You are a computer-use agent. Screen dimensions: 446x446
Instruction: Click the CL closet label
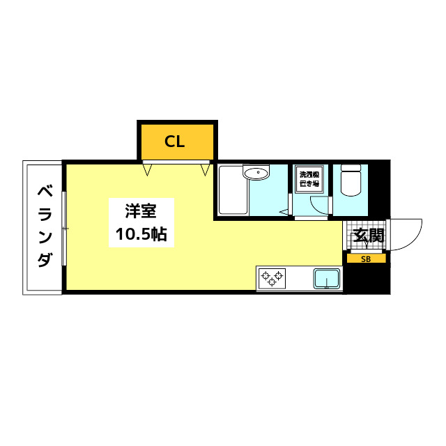tap(175, 142)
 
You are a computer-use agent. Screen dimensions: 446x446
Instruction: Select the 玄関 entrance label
tap(368, 236)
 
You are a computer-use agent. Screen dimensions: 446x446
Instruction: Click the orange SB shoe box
tap(366, 259)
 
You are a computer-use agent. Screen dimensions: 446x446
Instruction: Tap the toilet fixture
tap(350, 182)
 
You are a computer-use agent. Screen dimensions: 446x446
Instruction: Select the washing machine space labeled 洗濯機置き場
tap(308, 179)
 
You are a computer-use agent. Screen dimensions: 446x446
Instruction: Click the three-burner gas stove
tap(272, 279)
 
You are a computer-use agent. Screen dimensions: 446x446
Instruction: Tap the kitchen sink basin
tap(326, 279)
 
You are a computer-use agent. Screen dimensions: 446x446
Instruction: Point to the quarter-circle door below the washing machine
tap(318, 206)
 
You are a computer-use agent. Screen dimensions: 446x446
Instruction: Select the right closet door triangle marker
tap(205, 169)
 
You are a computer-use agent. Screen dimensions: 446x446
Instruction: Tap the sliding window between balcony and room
tap(63, 228)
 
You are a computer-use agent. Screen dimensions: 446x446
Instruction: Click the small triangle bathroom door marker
tap(285, 211)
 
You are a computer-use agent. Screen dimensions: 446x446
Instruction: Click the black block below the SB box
tap(366, 279)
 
